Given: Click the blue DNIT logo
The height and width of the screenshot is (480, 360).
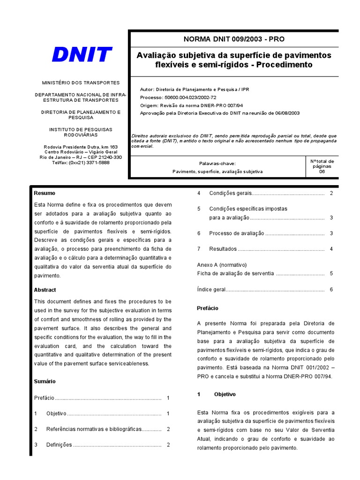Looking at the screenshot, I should [x=82, y=54].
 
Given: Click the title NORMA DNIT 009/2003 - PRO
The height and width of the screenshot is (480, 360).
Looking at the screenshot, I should [x=233, y=39].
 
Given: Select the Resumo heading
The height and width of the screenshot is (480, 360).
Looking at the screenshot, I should [x=45, y=193].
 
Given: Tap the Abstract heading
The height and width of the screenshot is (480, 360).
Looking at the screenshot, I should [x=45, y=290].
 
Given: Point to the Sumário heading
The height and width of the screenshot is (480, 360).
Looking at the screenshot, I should [x=45, y=382].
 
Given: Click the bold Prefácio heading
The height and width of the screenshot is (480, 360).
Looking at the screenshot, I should [x=207, y=308].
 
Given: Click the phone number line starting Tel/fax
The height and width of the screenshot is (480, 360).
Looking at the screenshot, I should [x=81, y=163].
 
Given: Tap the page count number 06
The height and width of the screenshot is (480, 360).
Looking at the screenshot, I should [x=322, y=172].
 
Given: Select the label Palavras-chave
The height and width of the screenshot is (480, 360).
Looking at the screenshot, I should [x=217, y=164].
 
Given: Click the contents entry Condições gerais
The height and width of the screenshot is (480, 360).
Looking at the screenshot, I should [x=231, y=193].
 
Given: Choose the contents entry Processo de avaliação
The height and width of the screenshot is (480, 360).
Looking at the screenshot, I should [x=237, y=233].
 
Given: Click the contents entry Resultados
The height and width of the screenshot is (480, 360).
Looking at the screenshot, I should [x=223, y=249].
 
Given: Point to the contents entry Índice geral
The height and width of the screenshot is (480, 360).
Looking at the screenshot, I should [x=211, y=290].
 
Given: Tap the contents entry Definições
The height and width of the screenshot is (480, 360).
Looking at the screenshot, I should [x=59, y=445].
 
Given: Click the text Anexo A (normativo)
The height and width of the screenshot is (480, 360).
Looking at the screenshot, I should [x=222, y=265].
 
